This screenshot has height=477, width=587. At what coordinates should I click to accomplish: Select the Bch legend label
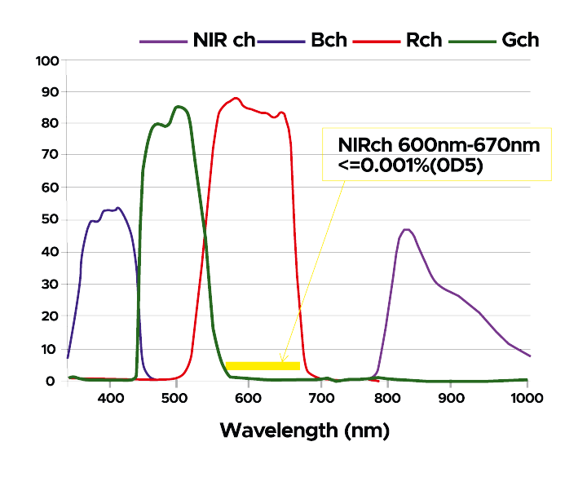click(329, 39)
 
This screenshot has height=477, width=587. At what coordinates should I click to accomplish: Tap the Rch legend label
click(423, 39)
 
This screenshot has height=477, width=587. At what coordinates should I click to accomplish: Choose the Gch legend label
click(520, 39)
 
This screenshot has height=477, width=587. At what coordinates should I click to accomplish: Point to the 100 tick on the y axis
click(47, 60)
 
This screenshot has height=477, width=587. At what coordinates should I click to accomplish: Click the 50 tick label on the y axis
click(51, 219)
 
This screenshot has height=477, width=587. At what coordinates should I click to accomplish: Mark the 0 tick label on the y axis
click(54, 381)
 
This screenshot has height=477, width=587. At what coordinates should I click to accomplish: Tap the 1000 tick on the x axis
click(527, 398)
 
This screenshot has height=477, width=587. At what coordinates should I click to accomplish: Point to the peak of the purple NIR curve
click(406, 230)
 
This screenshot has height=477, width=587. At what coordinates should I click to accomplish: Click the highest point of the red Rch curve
click(236, 99)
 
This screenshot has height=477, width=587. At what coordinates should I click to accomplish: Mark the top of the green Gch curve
click(179, 107)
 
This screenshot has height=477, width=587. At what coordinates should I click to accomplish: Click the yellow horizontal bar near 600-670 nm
click(263, 365)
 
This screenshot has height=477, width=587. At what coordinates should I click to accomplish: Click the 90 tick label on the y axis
click(51, 91)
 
